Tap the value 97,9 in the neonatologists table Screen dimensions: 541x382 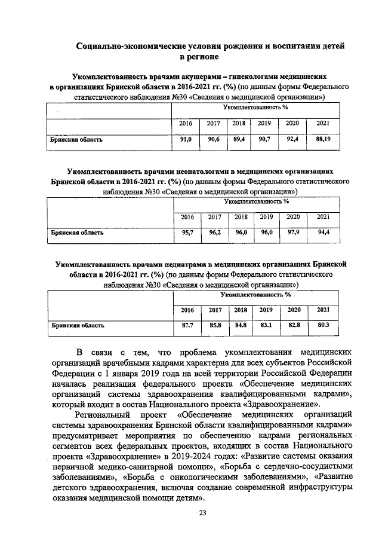coord(293,233)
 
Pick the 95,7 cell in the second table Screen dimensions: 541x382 coord(187,233)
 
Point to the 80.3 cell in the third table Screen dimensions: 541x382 coord(324,325)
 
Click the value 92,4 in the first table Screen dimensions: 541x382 coord(293,139)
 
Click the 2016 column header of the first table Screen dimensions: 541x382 coord(186,123)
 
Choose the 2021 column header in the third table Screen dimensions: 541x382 coord(324,310)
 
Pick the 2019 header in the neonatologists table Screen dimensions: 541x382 coord(266,216)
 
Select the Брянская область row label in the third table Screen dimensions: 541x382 coord(78,326)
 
